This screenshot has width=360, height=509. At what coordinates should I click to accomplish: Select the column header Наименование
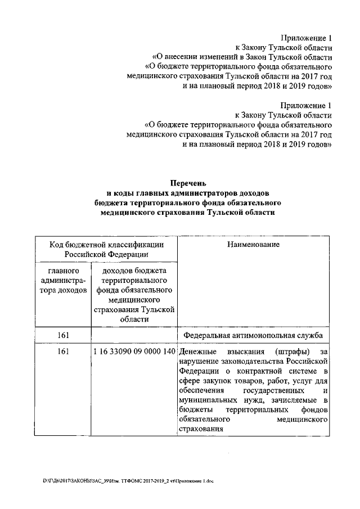[254, 245]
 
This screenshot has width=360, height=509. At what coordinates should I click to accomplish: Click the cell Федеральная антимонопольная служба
[253, 336]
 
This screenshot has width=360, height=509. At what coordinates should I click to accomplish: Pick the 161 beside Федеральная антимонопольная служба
[63, 336]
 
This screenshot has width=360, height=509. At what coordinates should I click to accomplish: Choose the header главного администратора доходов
[63, 280]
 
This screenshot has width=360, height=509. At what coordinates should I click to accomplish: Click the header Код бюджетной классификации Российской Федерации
[106, 249]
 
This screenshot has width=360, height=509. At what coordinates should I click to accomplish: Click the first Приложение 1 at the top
[306, 38]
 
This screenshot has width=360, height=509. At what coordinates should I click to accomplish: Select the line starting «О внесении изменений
[242, 57]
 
